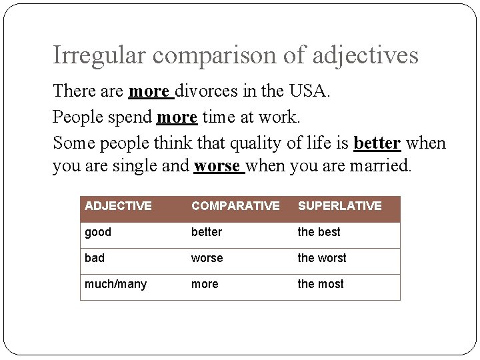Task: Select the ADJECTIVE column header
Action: [x=118, y=206]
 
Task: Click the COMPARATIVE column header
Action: [x=235, y=206]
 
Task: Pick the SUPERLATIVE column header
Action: [x=339, y=206]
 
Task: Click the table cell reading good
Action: [x=98, y=232]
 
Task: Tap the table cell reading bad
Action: [x=95, y=258]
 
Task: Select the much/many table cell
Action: [x=115, y=284]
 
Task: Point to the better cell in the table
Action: [x=207, y=232]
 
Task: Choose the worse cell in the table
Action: [x=207, y=258]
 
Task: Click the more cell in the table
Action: [x=205, y=284]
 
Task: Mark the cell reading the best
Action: [x=319, y=232]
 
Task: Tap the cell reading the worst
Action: [x=322, y=258]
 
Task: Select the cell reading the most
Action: [x=321, y=284]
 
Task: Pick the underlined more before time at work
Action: [x=177, y=117]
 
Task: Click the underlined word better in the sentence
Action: [x=377, y=143]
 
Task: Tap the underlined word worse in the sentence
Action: [x=217, y=166]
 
